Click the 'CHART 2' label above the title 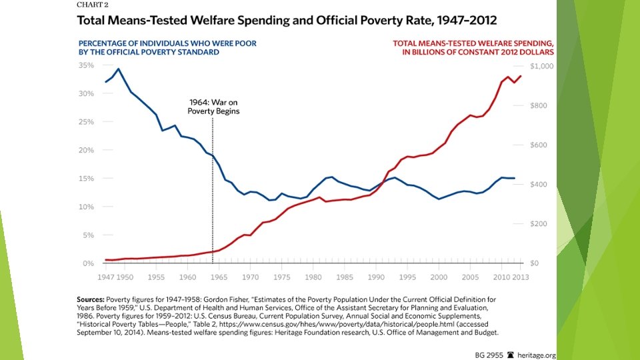tap(83, 5)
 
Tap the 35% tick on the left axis tap(85, 65)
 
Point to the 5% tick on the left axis tap(87, 235)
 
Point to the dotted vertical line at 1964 tap(213, 187)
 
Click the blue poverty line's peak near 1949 tap(119, 69)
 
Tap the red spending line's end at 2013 tap(521, 75)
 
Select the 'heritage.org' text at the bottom tap(536, 355)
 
